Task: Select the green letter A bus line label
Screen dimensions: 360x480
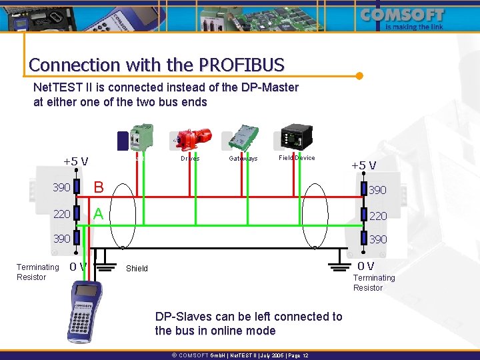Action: pyautogui.click(x=99, y=213)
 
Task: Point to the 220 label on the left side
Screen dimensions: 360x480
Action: pyautogui.click(x=61, y=214)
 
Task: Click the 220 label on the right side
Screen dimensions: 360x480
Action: pyautogui.click(x=378, y=216)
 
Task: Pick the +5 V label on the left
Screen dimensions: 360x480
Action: pyautogui.click(x=76, y=161)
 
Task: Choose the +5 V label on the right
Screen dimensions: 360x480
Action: pyautogui.click(x=363, y=165)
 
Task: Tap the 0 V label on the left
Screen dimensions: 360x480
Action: pyautogui.click(x=78, y=267)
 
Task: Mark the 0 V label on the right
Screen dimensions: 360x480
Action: pyautogui.click(x=365, y=266)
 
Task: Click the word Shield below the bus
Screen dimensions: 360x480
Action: pyautogui.click(x=137, y=269)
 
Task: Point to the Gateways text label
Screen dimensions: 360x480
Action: pyautogui.click(x=243, y=159)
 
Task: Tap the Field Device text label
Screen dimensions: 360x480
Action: pyautogui.click(x=297, y=158)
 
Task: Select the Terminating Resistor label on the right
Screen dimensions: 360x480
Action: pyautogui.click(x=373, y=283)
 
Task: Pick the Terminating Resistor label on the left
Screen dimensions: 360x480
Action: pyautogui.click(x=37, y=272)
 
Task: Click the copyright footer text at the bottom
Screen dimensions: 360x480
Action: pyautogui.click(x=240, y=355)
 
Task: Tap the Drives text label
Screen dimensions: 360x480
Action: pyautogui.click(x=190, y=159)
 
